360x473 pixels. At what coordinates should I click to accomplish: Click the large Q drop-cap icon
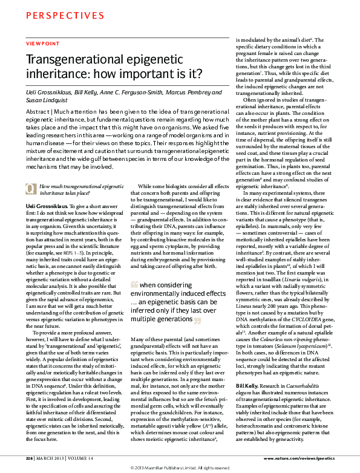click(x=30, y=172)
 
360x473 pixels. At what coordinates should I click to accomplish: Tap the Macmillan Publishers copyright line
click(x=180, y=468)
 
